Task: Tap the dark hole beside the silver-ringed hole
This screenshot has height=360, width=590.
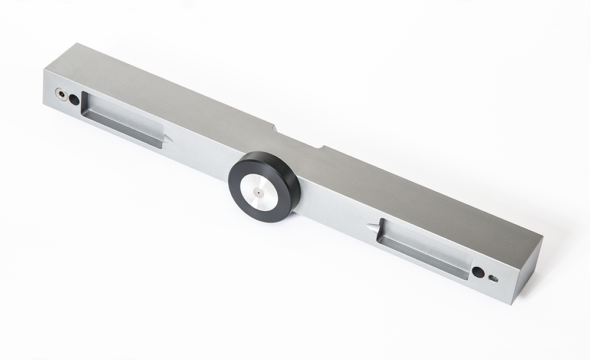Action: pos(74,100)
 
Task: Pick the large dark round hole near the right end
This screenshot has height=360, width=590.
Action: pos(478,272)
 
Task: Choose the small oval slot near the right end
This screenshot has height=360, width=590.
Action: pos(493,279)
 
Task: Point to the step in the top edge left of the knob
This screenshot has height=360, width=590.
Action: pos(275,126)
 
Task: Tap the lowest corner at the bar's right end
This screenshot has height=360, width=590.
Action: pos(512,304)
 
